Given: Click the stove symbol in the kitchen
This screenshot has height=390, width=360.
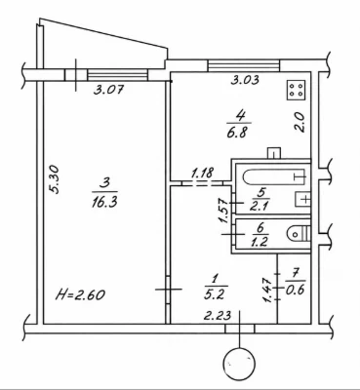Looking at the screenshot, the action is pyautogui.click(x=296, y=90).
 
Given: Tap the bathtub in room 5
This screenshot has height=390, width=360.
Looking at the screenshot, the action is pyautogui.click(x=274, y=176).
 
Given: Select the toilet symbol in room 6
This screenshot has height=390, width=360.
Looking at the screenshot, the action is pyautogui.click(x=299, y=233).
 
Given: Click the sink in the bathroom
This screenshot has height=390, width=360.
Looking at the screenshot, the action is pyautogui.click(x=302, y=199).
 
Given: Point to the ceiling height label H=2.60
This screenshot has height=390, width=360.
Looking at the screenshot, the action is pyautogui.click(x=80, y=294).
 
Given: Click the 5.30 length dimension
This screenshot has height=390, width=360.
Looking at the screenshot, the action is pyautogui.click(x=55, y=179).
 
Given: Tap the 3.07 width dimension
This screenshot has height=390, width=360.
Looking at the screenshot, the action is pyautogui.click(x=108, y=89).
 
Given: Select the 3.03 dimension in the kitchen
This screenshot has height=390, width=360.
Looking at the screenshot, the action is pyautogui.click(x=245, y=79).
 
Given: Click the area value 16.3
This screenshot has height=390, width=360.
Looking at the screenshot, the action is pyautogui.click(x=104, y=203).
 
